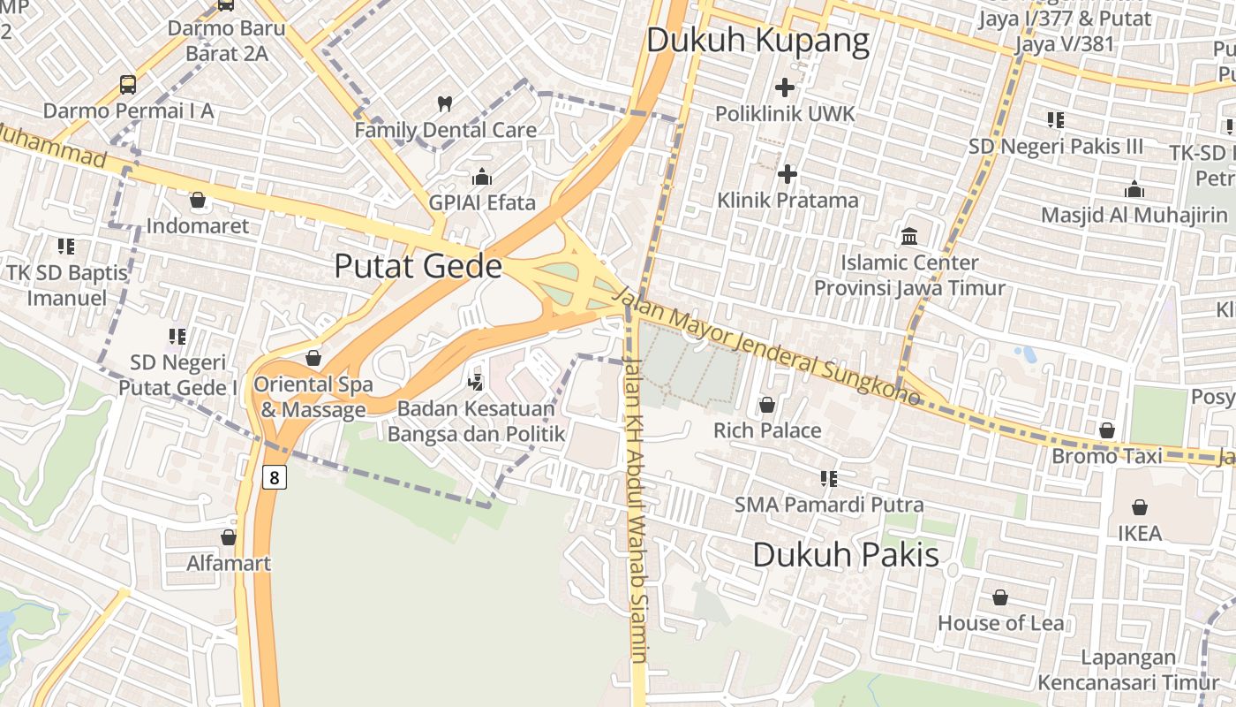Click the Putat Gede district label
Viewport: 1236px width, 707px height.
point(418,266)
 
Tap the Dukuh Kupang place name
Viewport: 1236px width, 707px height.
point(757,41)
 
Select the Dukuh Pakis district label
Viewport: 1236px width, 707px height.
point(846,555)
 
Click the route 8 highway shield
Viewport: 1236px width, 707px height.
point(275,478)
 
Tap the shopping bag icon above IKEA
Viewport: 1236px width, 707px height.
point(1140,507)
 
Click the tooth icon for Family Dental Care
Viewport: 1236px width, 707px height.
point(445,103)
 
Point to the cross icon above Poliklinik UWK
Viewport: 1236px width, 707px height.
point(784,87)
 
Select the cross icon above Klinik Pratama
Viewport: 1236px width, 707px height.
point(788,174)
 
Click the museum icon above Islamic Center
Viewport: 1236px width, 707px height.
point(909,236)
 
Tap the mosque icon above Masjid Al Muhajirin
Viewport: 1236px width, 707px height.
point(1134,189)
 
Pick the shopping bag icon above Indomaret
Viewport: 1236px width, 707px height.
point(198,200)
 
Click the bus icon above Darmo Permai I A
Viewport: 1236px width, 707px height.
point(128,85)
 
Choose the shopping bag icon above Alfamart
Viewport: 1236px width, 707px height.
point(229,536)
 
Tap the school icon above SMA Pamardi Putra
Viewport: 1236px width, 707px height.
point(828,479)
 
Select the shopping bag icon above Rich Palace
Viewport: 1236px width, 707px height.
point(767,405)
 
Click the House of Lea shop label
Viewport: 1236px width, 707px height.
point(1000,623)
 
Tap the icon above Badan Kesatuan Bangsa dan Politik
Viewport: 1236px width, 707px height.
point(476,383)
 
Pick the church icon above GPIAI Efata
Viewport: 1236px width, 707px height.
point(482,177)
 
